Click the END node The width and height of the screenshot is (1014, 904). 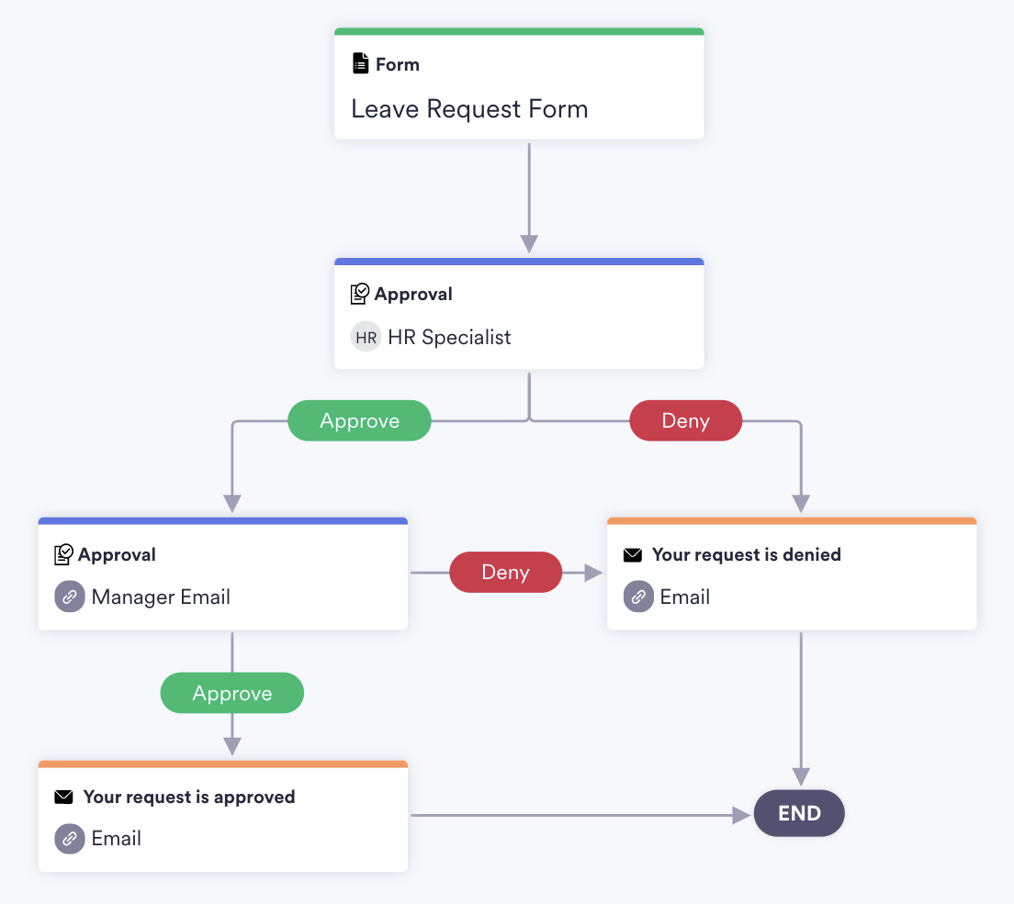point(799,813)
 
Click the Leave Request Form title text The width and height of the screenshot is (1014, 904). point(469,109)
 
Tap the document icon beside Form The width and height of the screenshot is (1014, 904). point(361,64)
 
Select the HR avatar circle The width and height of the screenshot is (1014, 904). point(366,337)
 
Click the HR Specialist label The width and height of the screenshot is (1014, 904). point(449,337)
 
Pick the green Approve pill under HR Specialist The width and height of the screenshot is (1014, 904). point(359,421)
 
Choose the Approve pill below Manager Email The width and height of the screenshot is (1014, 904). point(231,693)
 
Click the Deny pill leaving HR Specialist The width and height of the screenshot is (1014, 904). point(685,421)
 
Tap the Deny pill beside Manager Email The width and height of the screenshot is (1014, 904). point(505,573)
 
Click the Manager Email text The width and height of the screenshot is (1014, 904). point(161,597)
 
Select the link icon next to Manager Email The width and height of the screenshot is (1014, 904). point(70,597)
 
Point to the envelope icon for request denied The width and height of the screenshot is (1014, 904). point(633,555)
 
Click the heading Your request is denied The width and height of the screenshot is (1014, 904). point(746,554)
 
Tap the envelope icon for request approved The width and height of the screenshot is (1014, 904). point(63,797)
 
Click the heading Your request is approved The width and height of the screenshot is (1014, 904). point(189,797)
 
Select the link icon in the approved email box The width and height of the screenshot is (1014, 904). point(70,839)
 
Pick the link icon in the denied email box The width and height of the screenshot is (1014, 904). point(638,597)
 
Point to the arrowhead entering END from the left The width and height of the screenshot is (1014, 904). point(742,815)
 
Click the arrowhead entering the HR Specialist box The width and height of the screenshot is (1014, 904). point(529,244)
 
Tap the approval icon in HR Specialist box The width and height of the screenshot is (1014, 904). point(360,294)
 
